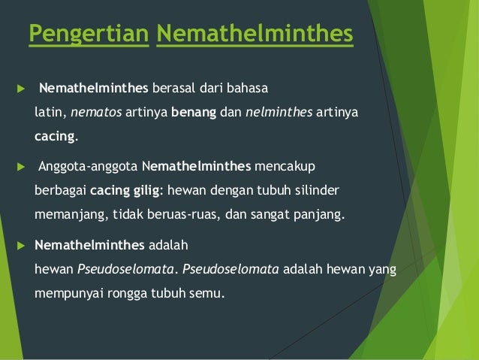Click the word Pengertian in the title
pos(87,35)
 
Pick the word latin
pos(50,113)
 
